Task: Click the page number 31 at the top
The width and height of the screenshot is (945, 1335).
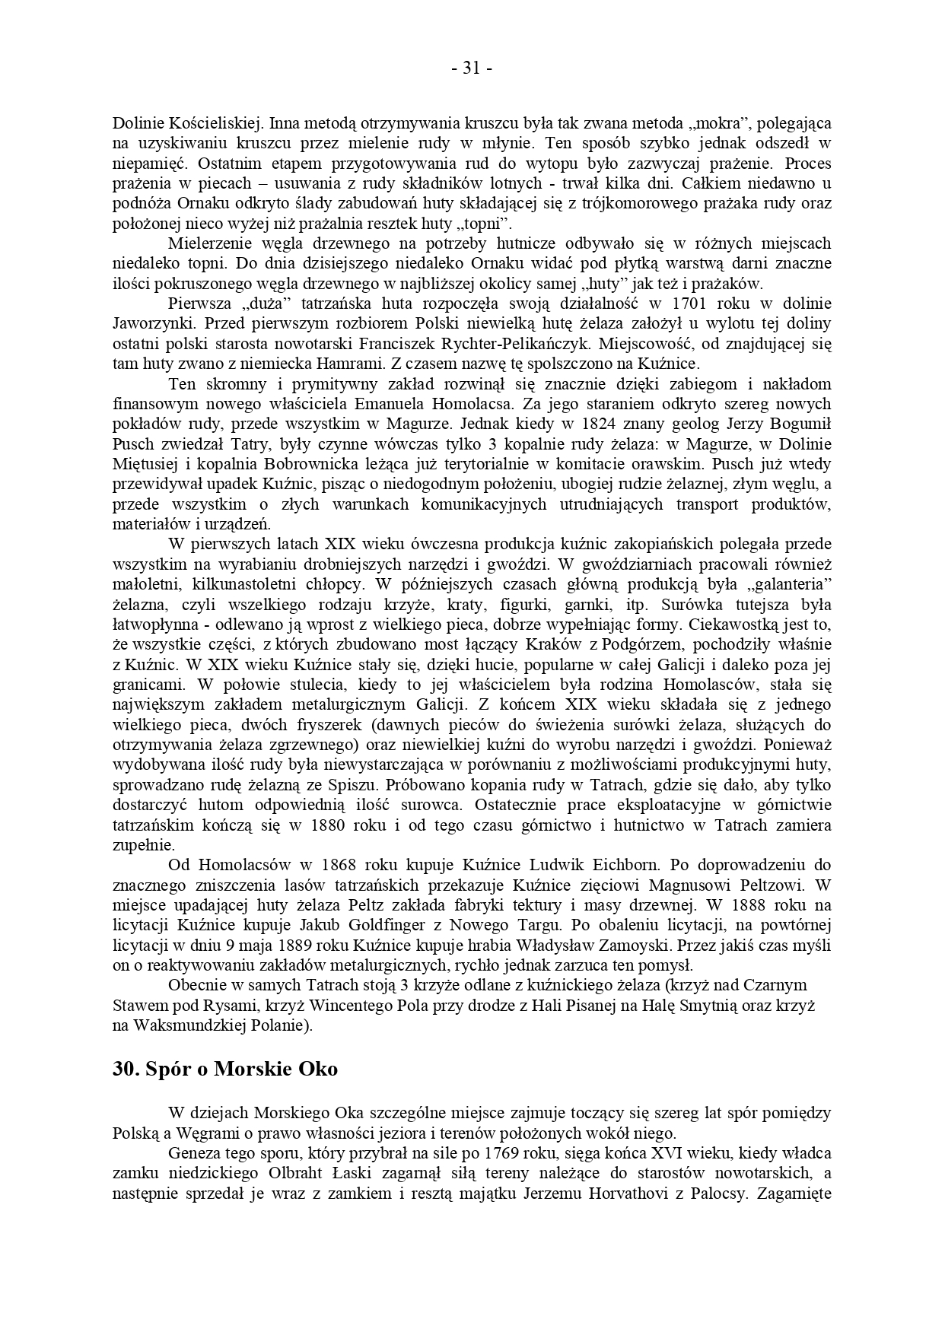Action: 472,68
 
